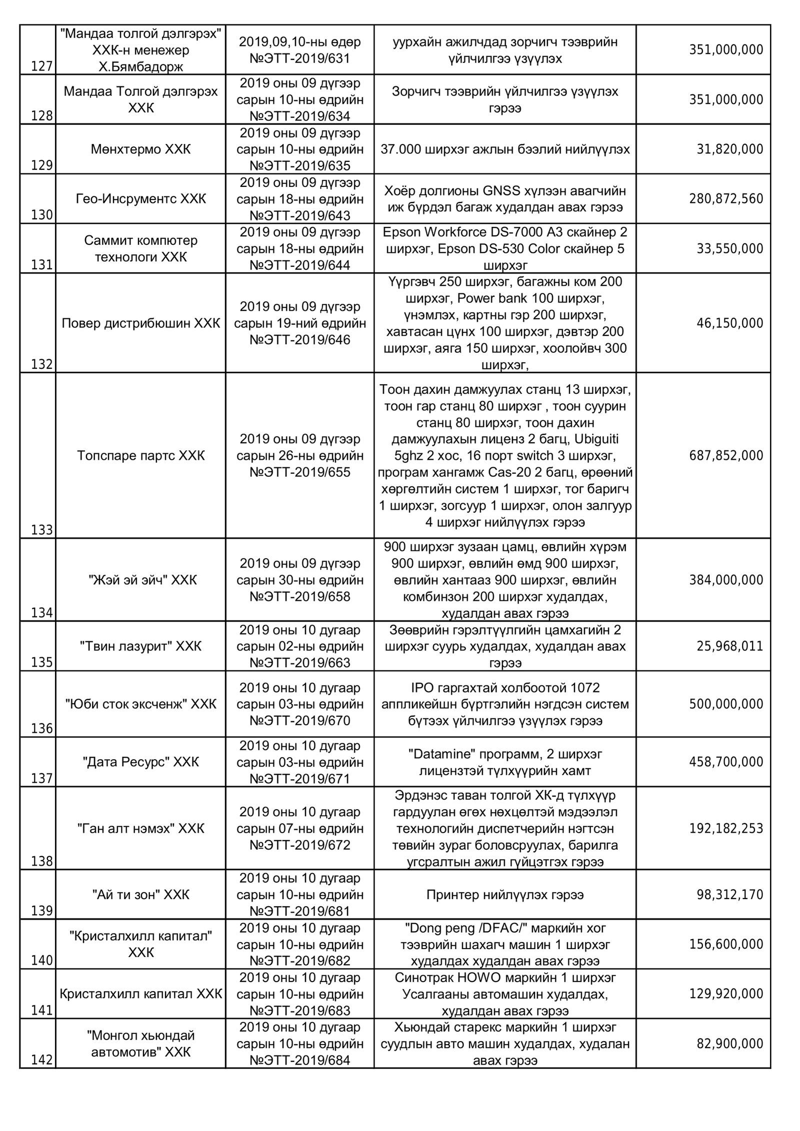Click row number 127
(42, 66)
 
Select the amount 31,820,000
(730, 149)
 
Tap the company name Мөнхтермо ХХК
(140, 149)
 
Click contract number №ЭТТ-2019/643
(300, 216)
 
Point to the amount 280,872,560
(726, 199)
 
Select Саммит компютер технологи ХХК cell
(140, 249)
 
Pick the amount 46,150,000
(730, 323)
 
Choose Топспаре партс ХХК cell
(140, 456)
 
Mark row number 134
(42, 613)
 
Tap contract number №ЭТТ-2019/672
(300, 845)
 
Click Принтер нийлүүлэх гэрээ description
(505, 895)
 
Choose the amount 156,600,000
(726, 944)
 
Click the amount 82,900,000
(730, 1044)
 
